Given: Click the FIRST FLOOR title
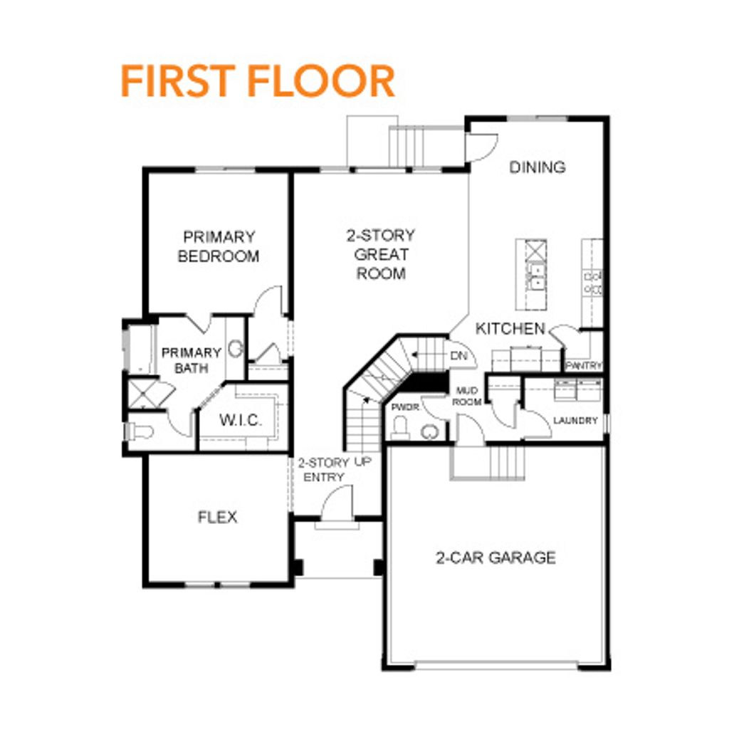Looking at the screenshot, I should (x=257, y=80).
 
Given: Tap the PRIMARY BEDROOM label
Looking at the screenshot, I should (x=218, y=246).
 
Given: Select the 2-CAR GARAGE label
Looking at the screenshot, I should (x=495, y=557).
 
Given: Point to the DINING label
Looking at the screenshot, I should (x=537, y=167).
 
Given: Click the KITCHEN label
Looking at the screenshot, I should (x=510, y=329).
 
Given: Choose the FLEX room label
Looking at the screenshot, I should (x=217, y=518).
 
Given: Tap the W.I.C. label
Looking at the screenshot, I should (x=241, y=420).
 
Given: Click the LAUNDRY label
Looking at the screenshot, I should (x=575, y=421).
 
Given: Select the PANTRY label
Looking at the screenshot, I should (x=584, y=366).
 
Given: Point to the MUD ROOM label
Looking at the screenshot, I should (x=467, y=397).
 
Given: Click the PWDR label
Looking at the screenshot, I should (x=404, y=407).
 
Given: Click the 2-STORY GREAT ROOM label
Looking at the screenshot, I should (x=380, y=254).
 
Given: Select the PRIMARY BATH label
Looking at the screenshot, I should (x=191, y=360).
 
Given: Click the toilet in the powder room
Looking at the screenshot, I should (x=400, y=427).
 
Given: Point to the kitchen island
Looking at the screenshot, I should (x=531, y=274).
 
